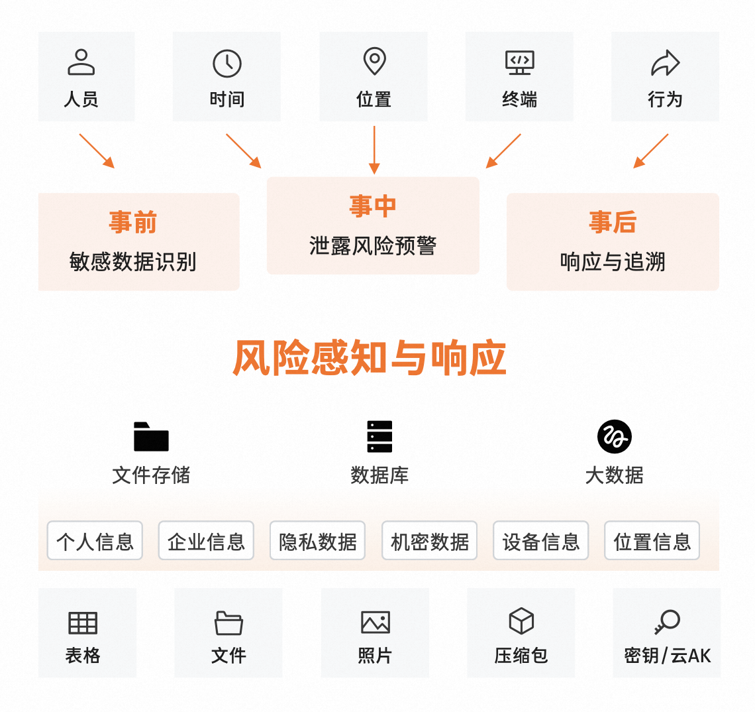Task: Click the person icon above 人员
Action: (x=81, y=62)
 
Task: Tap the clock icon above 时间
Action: (x=227, y=64)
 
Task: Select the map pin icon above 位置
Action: (x=374, y=61)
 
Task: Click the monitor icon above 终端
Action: (x=520, y=62)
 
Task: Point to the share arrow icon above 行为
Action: (x=665, y=64)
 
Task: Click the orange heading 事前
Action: (x=133, y=222)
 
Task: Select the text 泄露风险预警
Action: (x=373, y=246)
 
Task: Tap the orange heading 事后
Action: (x=613, y=222)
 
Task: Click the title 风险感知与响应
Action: (x=370, y=358)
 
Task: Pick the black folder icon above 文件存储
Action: (x=151, y=437)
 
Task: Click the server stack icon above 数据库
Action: (x=379, y=437)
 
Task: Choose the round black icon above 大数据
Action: (x=614, y=437)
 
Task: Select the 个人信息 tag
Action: (x=95, y=541)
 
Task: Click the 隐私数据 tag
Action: (x=318, y=541)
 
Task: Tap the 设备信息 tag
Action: (x=541, y=541)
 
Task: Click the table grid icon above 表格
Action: (x=83, y=623)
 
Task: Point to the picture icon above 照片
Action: (x=376, y=623)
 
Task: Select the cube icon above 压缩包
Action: (x=521, y=622)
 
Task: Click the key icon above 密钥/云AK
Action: (x=667, y=622)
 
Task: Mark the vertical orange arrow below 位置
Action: (x=374, y=150)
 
